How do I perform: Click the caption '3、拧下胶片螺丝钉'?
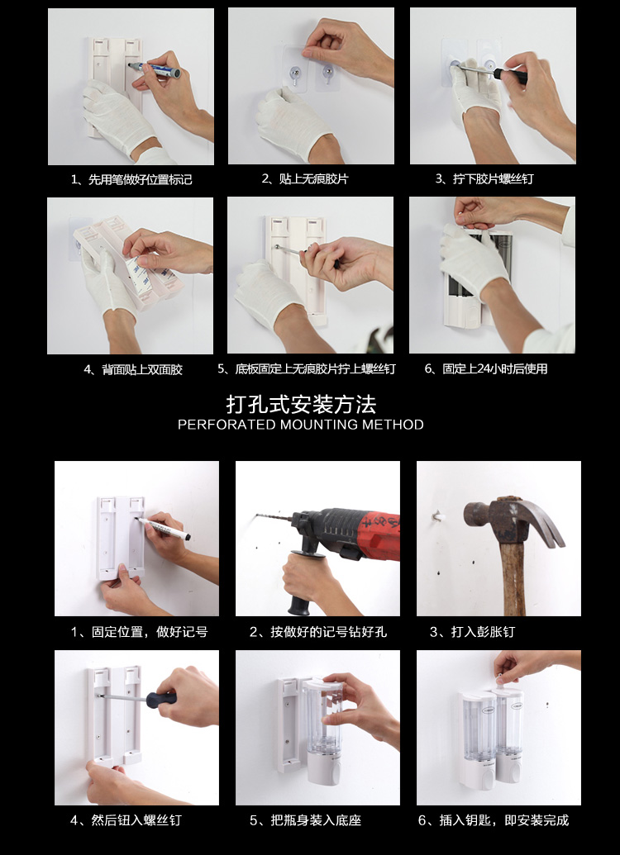pyautogui.click(x=484, y=179)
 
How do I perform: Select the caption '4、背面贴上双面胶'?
pyautogui.click(x=133, y=370)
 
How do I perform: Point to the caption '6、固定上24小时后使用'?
pyautogui.click(x=486, y=369)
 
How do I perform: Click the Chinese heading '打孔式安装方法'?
pyautogui.click(x=301, y=405)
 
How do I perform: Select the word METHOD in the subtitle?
pyautogui.click(x=393, y=425)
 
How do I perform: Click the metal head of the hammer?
pyautogui.click(x=513, y=519)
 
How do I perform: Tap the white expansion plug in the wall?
pyautogui.click(x=437, y=515)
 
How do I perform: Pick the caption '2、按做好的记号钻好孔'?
pyautogui.click(x=318, y=632)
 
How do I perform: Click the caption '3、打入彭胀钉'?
pyautogui.click(x=472, y=632)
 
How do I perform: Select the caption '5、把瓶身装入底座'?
pyautogui.click(x=306, y=820)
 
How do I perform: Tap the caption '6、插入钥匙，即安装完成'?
pyautogui.click(x=494, y=820)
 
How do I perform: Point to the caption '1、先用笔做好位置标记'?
pyautogui.click(x=131, y=179)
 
